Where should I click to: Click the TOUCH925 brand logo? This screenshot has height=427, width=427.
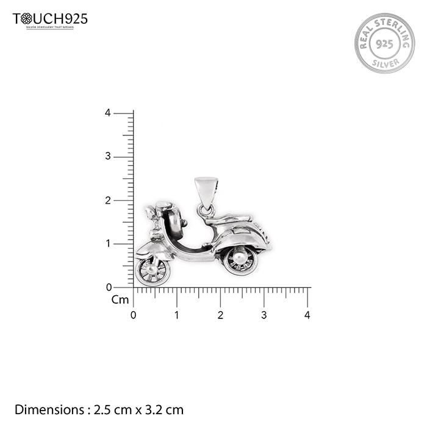coord(50,20)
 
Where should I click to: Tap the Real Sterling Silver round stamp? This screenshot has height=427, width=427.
coord(384,43)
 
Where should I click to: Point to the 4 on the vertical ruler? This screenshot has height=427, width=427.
coord(107,113)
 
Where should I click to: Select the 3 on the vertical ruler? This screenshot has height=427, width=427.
coord(107,156)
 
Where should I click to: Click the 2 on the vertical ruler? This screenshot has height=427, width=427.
coord(107,200)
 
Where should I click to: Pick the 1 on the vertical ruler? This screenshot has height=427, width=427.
coord(107,243)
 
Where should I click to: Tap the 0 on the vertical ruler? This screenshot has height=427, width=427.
coord(109,287)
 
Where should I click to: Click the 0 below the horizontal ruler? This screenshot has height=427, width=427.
coord(134,315)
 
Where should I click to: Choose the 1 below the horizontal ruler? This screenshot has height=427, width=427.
coord(177,315)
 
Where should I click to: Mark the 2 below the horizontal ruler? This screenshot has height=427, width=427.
coord(220,315)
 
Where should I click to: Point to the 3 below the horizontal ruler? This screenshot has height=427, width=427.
coord(264,315)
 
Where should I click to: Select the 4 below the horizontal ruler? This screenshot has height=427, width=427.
coord(307,315)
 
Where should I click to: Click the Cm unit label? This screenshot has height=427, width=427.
coord(120,300)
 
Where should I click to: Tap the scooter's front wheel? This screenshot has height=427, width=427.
coord(152,270)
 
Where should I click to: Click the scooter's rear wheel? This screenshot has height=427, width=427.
coord(240,260)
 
